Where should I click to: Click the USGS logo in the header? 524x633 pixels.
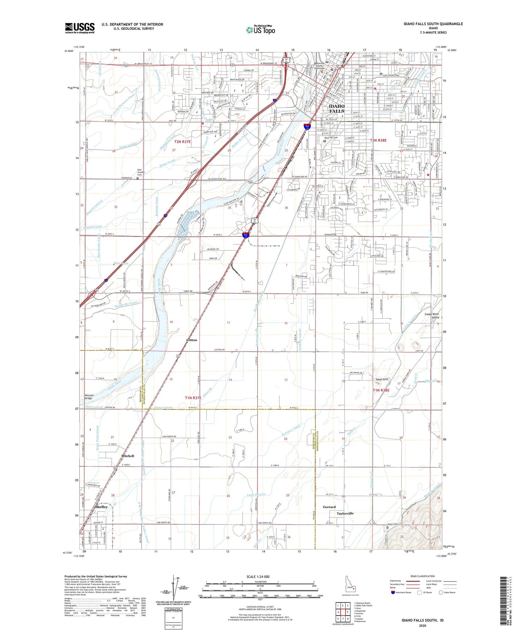[x=80, y=28]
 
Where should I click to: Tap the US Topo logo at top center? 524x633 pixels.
[x=260, y=30]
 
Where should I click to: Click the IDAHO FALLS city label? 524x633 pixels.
[x=336, y=108]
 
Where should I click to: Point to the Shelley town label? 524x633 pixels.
[x=101, y=507]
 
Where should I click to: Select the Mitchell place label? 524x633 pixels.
[x=127, y=456]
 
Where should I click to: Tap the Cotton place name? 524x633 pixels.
[x=191, y=340]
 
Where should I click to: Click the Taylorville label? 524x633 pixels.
[x=345, y=513]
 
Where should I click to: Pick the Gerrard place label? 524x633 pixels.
[x=329, y=507]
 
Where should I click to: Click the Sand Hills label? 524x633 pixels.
[x=382, y=379]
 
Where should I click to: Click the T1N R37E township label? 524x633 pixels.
[x=193, y=398]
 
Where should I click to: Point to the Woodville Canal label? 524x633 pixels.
[x=126, y=305]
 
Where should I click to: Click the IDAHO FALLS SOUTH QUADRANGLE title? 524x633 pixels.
[x=433, y=24]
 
